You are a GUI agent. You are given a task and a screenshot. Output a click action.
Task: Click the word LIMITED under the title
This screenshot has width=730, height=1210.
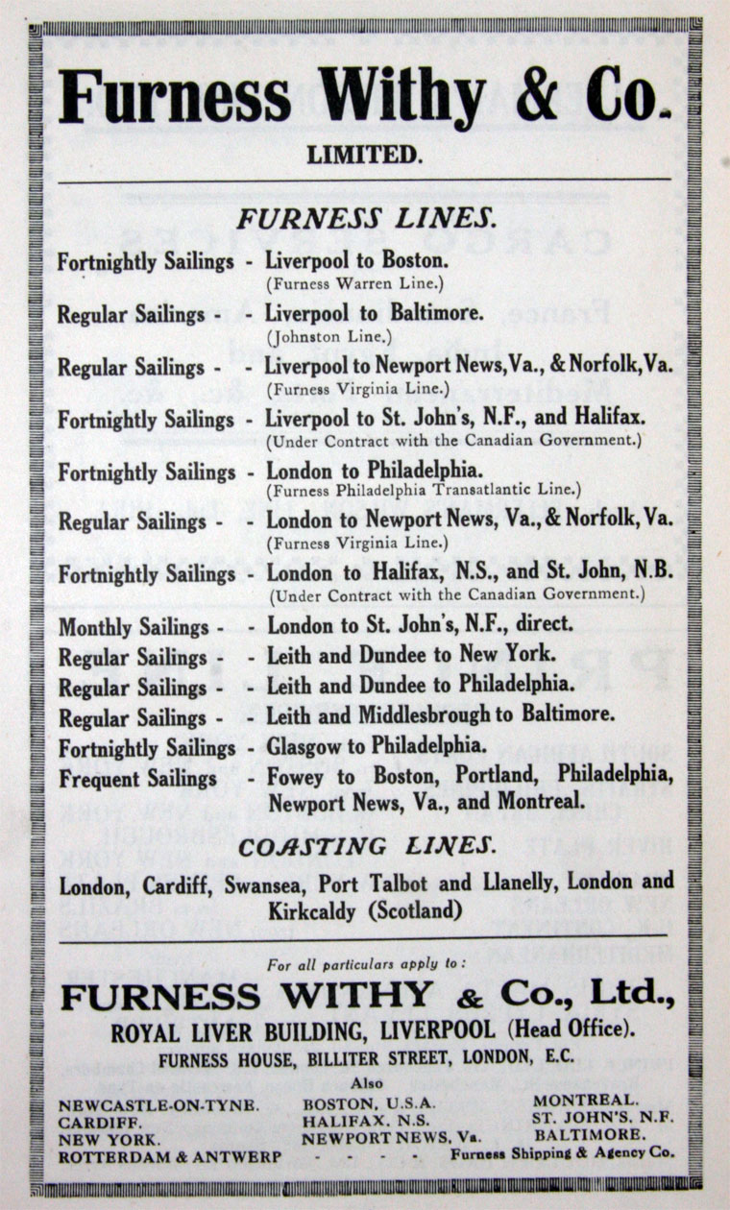coord(364,154)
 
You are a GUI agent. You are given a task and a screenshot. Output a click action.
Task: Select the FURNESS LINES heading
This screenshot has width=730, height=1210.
coord(366,219)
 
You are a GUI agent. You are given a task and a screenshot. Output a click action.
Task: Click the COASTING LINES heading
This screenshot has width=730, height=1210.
coord(367,846)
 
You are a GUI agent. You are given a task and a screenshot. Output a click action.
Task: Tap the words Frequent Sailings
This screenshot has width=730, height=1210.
coord(137,777)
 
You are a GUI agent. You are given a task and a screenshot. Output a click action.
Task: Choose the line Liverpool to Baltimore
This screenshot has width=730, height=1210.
coord(375,314)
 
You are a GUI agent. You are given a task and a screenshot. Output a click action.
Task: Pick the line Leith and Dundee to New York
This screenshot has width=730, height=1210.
coord(411,656)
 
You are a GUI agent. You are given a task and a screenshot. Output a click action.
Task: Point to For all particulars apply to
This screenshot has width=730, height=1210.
coord(366,962)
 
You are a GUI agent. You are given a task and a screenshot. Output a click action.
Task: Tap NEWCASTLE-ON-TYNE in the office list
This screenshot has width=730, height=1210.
coord(158,1104)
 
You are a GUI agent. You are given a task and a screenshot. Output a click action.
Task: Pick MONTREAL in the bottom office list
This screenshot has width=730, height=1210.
coord(585,1100)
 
